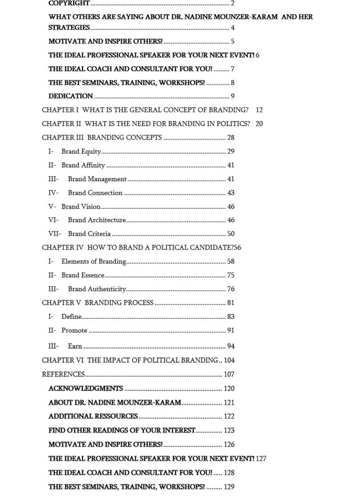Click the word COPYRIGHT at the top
point(69,3)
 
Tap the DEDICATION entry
point(71,96)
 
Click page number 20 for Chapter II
point(259,124)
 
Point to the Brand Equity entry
point(81,152)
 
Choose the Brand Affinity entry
point(83,165)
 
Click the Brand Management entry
point(97,179)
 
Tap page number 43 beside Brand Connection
point(231,193)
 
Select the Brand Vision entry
point(81,206)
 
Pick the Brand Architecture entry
point(97,220)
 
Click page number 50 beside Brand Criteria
point(231,234)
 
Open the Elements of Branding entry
point(94,262)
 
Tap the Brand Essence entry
point(83,275)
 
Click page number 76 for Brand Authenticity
point(231,289)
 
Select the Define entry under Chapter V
point(71,317)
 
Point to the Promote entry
point(74,330)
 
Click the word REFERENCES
point(63,374)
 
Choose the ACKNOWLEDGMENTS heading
point(86,388)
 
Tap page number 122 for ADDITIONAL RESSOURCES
point(229,416)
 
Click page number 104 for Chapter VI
point(229,360)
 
